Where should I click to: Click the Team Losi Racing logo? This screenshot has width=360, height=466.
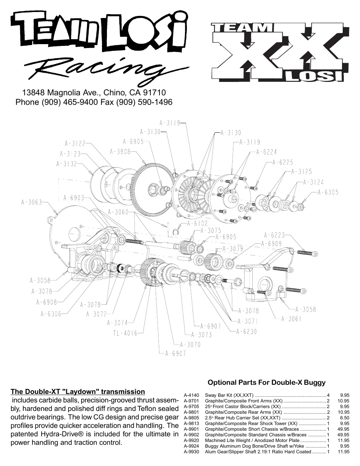(x=100, y=48)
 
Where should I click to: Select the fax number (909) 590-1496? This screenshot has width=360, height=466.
(x=144, y=102)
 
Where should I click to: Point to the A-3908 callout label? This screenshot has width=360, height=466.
(x=120, y=152)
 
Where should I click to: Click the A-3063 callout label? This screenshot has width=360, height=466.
(x=31, y=202)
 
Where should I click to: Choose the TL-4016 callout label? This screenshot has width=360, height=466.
(x=125, y=333)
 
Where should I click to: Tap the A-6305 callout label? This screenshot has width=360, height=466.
(x=328, y=192)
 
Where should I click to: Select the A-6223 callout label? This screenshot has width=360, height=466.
(x=274, y=235)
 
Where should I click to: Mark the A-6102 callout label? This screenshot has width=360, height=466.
(x=197, y=223)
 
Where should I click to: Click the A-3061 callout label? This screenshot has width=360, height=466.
(x=291, y=319)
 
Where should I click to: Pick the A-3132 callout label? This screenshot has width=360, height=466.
(x=66, y=164)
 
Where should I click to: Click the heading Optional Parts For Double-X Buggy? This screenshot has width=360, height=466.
(x=266, y=382)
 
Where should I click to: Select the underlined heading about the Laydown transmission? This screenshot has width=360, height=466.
(x=78, y=392)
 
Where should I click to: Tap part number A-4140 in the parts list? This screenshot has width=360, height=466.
(x=191, y=395)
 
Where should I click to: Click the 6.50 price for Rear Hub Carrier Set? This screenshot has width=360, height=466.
(x=344, y=418)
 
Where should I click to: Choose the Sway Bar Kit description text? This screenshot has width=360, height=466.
(x=229, y=395)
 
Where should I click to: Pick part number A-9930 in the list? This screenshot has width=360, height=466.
(x=191, y=452)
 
